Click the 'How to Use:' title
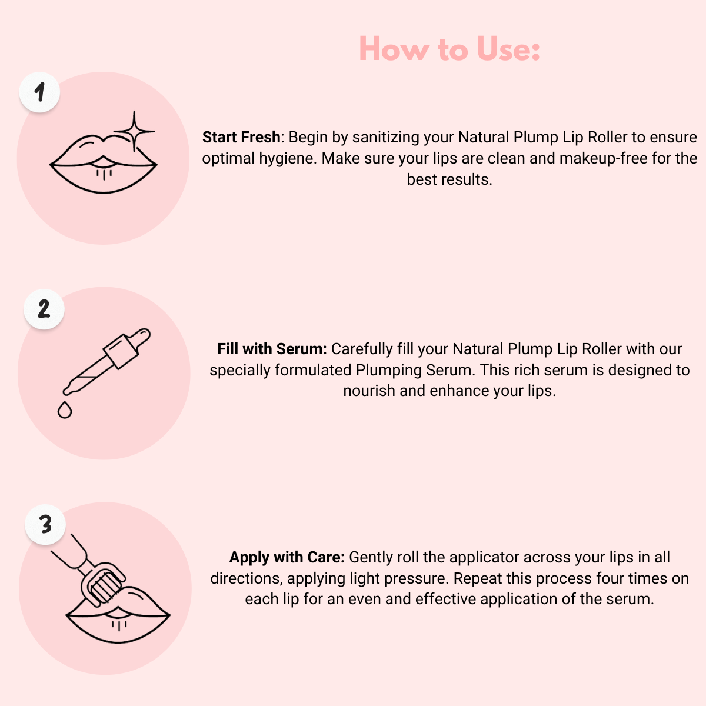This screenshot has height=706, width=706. click(x=449, y=49)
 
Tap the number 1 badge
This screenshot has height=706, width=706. click(x=40, y=92)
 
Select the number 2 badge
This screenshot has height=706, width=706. click(x=44, y=309)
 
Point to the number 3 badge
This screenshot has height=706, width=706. click(x=45, y=524)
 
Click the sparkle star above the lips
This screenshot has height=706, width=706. click(x=134, y=131)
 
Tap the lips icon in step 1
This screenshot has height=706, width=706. click(x=103, y=165)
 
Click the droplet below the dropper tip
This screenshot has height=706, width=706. click(x=65, y=409)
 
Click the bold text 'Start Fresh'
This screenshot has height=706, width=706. click(x=241, y=137)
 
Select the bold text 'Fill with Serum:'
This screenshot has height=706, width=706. click(x=272, y=349)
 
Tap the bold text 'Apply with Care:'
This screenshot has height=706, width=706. click(x=287, y=557)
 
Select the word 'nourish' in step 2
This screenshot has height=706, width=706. click(x=369, y=391)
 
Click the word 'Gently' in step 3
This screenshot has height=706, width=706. click(x=371, y=557)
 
